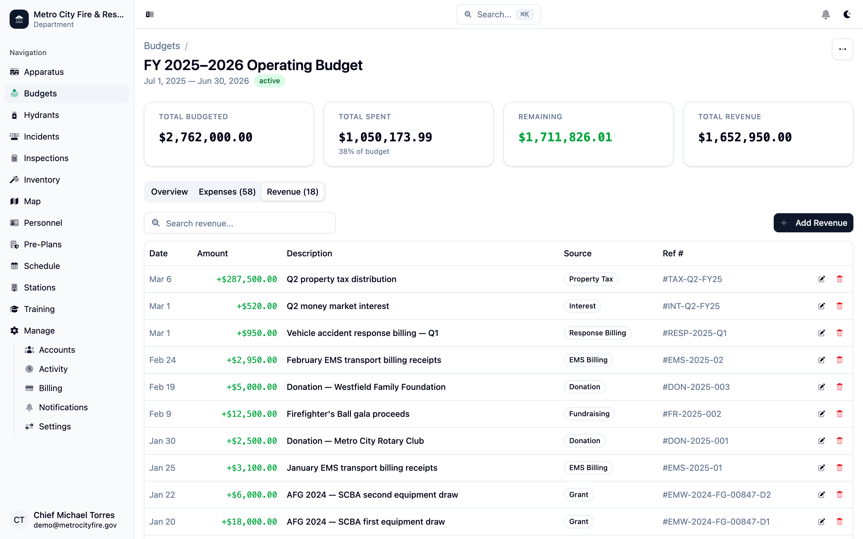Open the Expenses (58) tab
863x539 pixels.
pyautogui.click(x=227, y=192)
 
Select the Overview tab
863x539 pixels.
pyautogui.click(x=169, y=192)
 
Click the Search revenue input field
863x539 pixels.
pyautogui.click(x=240, y=223)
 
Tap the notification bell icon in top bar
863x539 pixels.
pyautogui.click(x=826, y=14)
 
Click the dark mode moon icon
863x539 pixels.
pyautogui.click(x=847, y=14)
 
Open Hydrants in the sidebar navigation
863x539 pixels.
pyautogui.click(x=41, y=115)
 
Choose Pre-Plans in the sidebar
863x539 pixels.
pyautogui.click(x=43, y=245)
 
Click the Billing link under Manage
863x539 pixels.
pyautogui.click(x=50, y=388)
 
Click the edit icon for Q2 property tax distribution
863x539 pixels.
pyautogui.click(x=821, y=279)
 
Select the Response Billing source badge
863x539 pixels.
pyautogui.click(x=597, y=333)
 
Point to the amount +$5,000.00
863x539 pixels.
pyautogui.click(x=252, y=387)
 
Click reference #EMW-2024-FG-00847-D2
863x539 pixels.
pyautogui.click(x=716, y=495)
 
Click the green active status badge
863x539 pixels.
pyautogui.click(x=269, y=81)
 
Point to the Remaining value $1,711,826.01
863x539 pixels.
pyautogui.click(x=565, y=137)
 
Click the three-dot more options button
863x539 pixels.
pyautogui.click(x=842, y=49)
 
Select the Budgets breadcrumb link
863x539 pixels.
pyautogui.click(x=162, y=46)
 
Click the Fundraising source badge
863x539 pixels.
pyautogui.click(x=589, y=414)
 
